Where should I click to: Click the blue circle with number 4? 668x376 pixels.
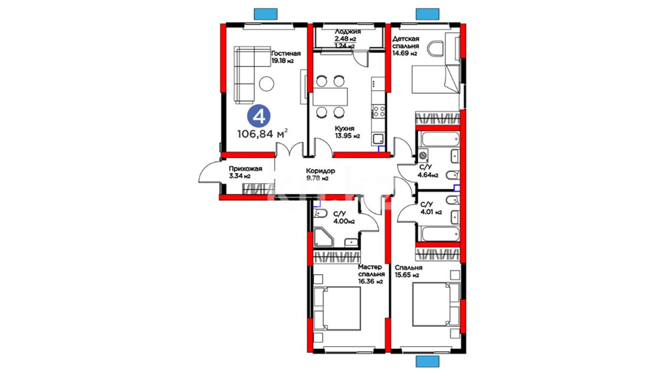point(259,116)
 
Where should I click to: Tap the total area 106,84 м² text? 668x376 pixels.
point(262,133)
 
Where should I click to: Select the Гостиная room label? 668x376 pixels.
point(286,54)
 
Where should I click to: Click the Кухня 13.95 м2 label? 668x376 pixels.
point(347,132)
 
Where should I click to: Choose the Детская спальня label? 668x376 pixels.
point(406,42)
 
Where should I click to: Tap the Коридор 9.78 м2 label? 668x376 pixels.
point(320,174)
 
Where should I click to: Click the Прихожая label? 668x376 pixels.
point(245,169)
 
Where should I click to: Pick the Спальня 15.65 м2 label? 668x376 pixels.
point(408,271)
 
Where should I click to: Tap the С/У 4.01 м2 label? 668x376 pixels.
point(431,208)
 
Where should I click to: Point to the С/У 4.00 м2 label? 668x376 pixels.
point(344,218)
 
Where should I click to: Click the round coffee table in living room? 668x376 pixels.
point(267,84)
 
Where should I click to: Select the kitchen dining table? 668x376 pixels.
point(330,96)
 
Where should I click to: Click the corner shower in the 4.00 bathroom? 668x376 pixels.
point(324,237)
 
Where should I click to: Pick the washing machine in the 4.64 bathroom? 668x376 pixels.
point(423,155)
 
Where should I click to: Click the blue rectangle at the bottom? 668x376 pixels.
point(428,361)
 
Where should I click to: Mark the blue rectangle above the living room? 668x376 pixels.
point(266,14)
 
